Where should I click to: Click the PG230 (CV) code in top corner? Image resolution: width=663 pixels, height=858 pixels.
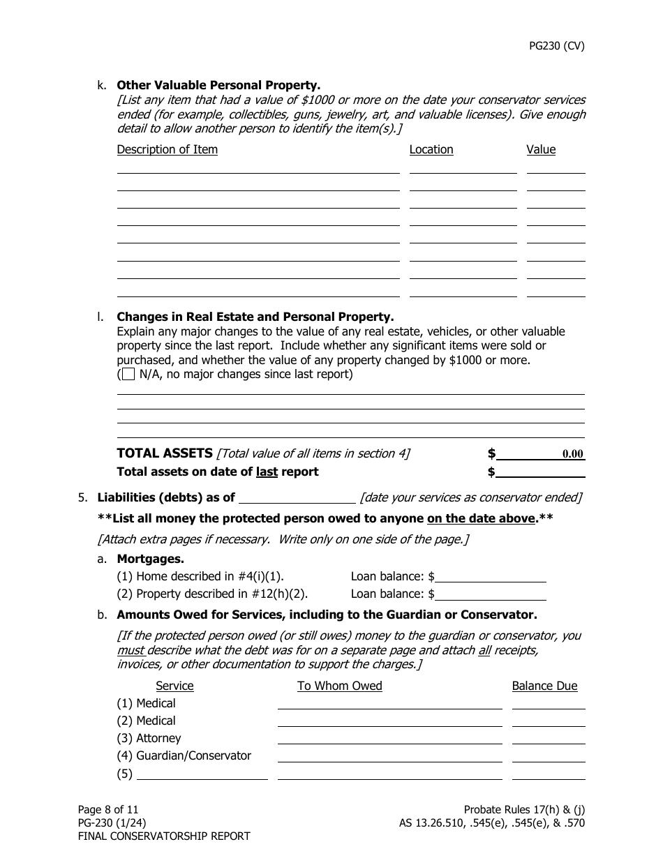coord(556,47)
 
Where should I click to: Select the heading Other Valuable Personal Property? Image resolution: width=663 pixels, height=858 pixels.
coord(218,85)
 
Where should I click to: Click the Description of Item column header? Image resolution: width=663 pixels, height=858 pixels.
coord(167,149)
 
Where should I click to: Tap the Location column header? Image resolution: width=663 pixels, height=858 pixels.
coord(431,149)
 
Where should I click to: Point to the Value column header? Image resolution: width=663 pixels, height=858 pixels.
coord(541,149)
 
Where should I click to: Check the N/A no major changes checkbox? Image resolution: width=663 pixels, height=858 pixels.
coord(128,375)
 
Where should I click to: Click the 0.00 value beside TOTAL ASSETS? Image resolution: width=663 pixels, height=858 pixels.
coord(572,454)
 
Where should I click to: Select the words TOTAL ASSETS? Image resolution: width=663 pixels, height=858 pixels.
coord(164,453)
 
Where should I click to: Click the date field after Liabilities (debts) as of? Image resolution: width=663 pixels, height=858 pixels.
coord(297,497)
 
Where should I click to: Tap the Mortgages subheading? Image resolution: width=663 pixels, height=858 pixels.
coord(150,559)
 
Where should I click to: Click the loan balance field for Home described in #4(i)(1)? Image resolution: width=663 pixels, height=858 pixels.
coord(490,577)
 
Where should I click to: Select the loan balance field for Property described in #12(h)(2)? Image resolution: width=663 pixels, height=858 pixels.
coord(490,594)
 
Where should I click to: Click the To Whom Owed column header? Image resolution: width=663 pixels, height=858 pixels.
coord(339,686)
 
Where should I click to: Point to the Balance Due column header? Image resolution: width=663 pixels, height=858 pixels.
coord(544,686)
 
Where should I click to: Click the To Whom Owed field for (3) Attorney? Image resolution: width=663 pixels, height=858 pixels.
coord(389,738)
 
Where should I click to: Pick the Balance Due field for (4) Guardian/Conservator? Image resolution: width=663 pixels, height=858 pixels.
coord(549,755)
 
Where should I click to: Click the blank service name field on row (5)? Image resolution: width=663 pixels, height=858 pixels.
coord(202,773)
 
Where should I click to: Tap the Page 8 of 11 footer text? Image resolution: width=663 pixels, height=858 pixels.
coord(108,809)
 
